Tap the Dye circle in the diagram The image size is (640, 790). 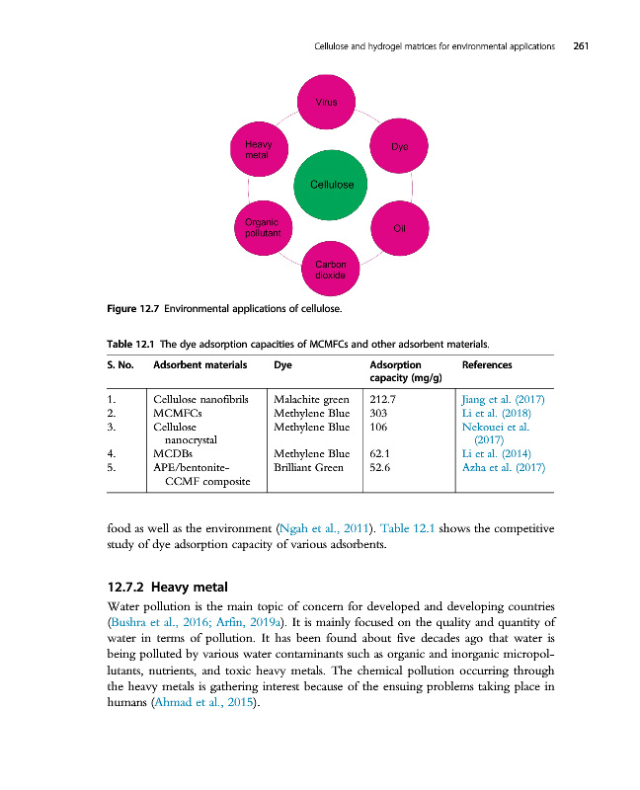[398, 145]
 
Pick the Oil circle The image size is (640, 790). [398, 228]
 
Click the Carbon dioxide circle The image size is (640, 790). [329, 270]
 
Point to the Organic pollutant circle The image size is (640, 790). [259, 228]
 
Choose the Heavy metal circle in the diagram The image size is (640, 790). [258, 149]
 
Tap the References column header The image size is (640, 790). [487, 365]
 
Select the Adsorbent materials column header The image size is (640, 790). [199, 365]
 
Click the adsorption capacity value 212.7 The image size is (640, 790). [383, 399]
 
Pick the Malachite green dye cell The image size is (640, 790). [311, 399]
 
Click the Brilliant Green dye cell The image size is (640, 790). [308, 467]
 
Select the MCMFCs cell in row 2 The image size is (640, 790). [178, 413]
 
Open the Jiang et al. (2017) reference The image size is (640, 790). [503, 399]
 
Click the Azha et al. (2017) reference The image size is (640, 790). [504, 467]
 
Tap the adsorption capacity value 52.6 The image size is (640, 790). [380, 467]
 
